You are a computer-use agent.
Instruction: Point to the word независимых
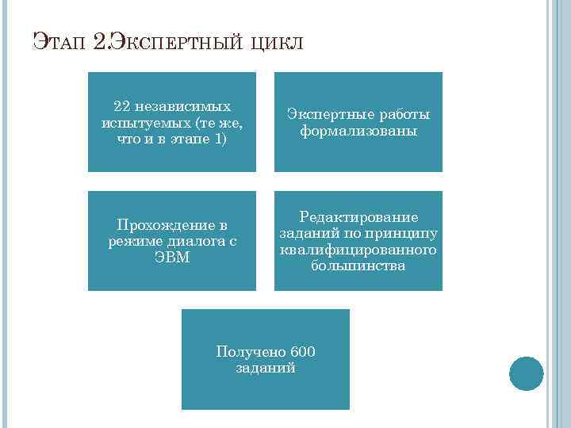coord(183,105)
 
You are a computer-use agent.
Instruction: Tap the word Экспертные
coord(324,115)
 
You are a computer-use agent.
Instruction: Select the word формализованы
coord(358,131)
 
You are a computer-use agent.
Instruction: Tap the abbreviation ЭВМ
coord(172,258)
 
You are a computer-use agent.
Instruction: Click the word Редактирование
coord(358,217)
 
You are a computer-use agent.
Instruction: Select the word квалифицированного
coord(358,250)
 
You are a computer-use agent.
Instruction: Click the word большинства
coord(358,266)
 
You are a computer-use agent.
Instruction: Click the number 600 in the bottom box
coord(303,352)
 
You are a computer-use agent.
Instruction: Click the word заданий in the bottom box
coord(266,368)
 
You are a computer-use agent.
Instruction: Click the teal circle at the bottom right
coord(526,373)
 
